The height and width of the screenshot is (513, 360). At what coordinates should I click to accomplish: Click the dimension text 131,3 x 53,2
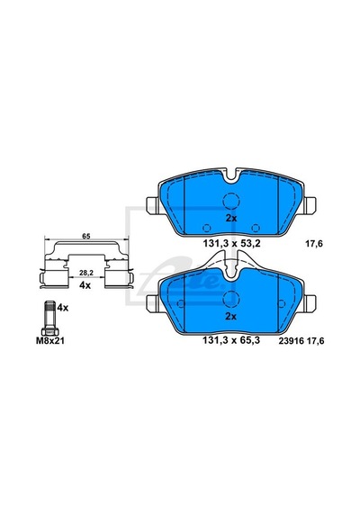(x=231, y=244)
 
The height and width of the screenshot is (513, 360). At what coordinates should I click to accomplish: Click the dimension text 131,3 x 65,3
(x=231, y=340)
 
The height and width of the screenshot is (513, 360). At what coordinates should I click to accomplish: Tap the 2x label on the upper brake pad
(x=231, y=219)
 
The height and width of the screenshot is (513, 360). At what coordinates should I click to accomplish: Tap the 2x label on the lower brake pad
(x=231, y=317)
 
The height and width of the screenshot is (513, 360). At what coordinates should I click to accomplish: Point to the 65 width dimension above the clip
(x=86, y=236)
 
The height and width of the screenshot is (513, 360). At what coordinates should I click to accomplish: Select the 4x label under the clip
(x=85, y=285)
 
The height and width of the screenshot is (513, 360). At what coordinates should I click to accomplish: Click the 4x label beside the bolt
(x=63, y=308)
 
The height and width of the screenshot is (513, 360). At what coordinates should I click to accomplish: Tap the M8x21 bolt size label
(x=50, y=341)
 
